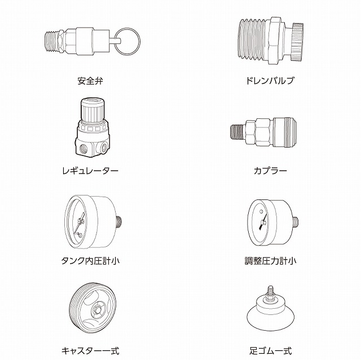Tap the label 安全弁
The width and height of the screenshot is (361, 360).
coord(90,81)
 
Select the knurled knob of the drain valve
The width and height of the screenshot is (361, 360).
coord(297,42)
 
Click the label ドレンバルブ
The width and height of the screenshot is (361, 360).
coord(270,81)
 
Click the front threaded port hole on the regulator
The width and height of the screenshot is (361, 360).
coord(83,149)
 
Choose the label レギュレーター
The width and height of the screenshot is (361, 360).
coord(90,171)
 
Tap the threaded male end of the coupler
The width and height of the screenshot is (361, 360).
coord(237,132)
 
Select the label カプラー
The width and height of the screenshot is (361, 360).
coord(270,171)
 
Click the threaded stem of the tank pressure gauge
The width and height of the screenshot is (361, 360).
coord(119,221)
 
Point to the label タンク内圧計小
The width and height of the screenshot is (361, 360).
coord(90,261)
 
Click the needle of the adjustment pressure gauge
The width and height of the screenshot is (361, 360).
coord(263,221)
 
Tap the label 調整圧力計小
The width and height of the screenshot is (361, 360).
coord(270,261)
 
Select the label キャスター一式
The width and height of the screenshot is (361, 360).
coord(90,351)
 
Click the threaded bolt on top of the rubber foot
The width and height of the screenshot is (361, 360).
coord(271,293)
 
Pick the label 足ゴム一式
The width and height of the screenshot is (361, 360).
coord(271,351)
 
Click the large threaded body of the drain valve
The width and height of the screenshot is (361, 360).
coord(253,39)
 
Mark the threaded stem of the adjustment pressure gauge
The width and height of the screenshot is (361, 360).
coord(296,221)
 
